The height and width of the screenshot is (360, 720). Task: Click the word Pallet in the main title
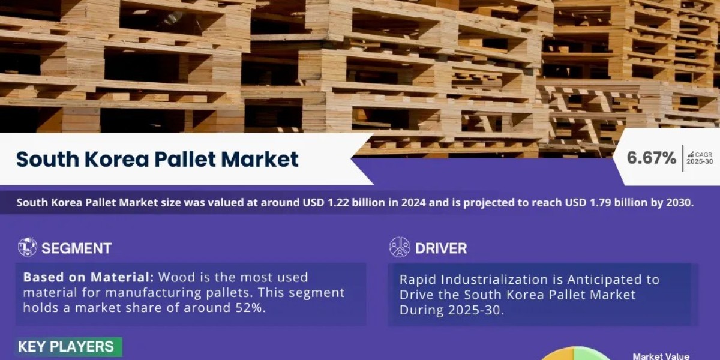pos(184,159)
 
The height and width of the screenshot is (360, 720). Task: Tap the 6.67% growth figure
pos(651,158)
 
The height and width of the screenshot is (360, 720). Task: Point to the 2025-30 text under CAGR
pos(700,161)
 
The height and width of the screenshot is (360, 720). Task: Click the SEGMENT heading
pos(77,248)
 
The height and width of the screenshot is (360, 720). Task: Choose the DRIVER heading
pos(441,248)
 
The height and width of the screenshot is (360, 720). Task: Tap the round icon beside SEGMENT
pos(28,247)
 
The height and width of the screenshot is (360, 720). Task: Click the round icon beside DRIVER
pos(400,247)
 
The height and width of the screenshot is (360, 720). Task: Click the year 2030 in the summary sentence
pos(678,203)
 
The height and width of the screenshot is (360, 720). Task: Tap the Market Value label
pos(661,356)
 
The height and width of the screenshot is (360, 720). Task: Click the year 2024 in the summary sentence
pos(413,203)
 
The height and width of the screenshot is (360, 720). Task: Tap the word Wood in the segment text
pos(178,277)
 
